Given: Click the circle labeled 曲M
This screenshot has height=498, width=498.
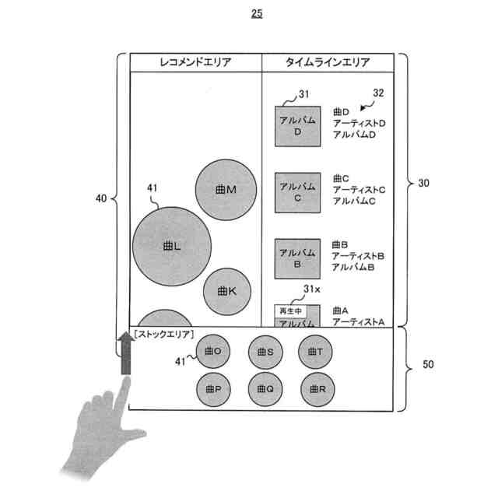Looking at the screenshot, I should tap(226, 190).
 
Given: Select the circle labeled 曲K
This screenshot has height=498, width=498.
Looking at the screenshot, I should tap(226, 291).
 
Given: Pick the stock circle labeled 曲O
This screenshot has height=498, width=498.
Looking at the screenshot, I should tap(213, 352).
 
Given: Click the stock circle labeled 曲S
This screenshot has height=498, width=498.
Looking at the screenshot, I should tap(265, 352).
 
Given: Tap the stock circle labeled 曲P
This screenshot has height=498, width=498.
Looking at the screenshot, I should tap(213, 388).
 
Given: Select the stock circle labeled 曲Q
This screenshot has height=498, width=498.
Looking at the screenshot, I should tap(265, 388).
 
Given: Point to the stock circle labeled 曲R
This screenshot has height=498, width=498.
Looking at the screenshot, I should tap(315, 388).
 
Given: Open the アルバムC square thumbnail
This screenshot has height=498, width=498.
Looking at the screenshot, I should tap(296, 192).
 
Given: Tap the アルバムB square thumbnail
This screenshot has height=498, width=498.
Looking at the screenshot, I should tap(296, 258).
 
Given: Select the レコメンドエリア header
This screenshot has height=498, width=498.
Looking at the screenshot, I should tap(195, 62).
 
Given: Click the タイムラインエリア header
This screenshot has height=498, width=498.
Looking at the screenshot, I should tap(328, 62).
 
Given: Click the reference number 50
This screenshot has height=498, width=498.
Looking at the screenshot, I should tap(428, 365).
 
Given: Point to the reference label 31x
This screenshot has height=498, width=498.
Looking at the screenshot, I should tap(312, 289).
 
